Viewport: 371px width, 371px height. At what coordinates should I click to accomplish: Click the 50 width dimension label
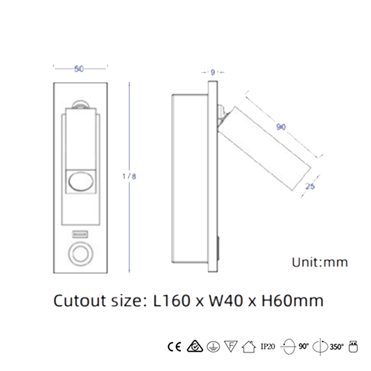79,69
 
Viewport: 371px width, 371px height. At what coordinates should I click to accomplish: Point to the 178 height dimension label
129,176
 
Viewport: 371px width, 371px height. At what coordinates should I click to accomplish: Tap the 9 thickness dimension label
213,72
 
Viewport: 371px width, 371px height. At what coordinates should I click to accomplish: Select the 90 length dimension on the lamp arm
281,127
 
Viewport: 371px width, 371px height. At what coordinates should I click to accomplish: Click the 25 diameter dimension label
310,186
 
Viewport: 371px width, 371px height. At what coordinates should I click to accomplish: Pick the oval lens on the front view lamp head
80,181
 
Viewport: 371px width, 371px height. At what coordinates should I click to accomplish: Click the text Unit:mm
320,262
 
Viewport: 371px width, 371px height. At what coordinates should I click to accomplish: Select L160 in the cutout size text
172,301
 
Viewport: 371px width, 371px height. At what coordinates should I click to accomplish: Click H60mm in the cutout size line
292,301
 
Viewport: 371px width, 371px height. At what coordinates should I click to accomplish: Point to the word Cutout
80,301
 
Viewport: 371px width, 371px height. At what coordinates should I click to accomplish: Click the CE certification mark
174,347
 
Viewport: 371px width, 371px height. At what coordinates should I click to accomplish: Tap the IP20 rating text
268,347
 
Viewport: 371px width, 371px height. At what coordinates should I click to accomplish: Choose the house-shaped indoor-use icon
249,347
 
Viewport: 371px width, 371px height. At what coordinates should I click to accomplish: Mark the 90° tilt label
304,346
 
